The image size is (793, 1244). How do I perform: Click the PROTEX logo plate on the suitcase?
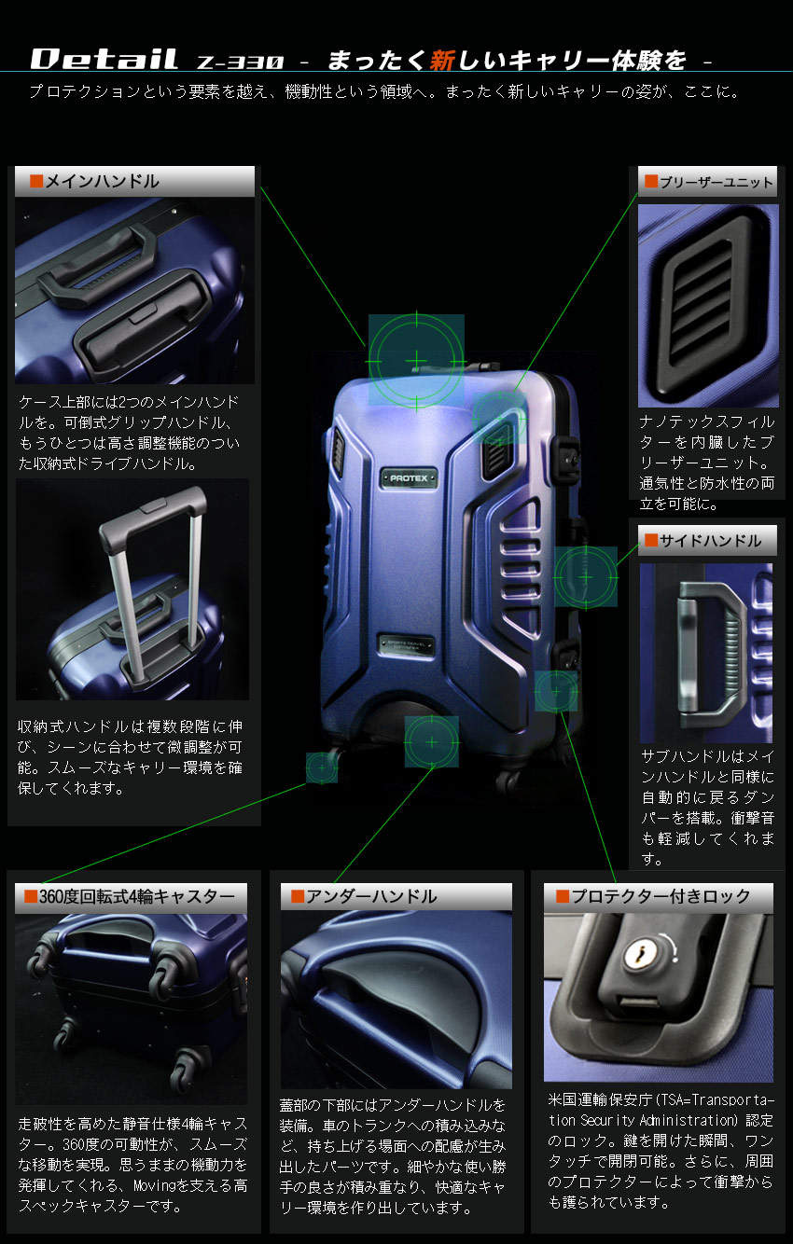coord(409,477)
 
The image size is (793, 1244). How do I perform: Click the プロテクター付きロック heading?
coord(660,897)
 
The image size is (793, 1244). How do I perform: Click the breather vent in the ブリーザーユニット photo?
coord(706,302)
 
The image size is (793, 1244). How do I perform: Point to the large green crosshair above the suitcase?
coord(416,360)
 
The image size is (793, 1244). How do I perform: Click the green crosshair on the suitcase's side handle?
coord(586,577)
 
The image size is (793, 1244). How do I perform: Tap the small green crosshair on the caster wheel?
coord(322,767)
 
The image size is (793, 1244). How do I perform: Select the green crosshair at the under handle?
coord(431,742)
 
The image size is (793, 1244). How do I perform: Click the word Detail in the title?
coord(104,60)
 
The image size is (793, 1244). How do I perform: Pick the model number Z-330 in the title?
coord(240,62)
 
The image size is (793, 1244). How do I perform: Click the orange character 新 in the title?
coord(441,61)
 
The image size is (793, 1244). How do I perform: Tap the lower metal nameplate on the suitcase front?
coord(408,644)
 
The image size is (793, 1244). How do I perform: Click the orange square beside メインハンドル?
coord(36,182)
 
